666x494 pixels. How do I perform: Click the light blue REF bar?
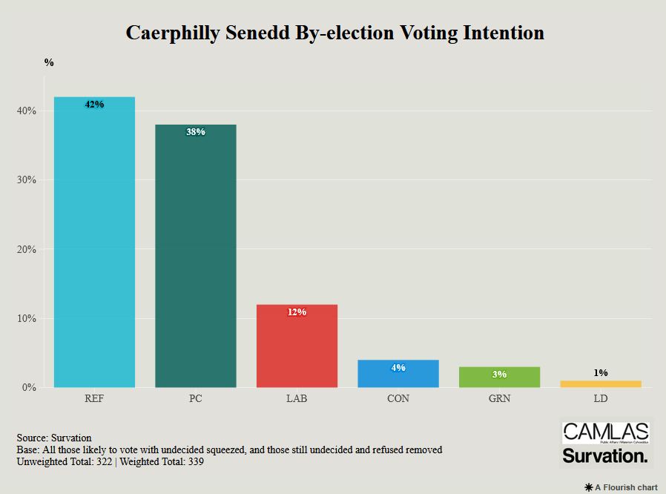tap(94, 245)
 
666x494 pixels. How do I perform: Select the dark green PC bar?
tap(196, 260)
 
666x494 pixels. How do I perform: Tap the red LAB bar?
tap(297, 349)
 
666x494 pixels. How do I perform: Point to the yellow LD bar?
tap(601, 383)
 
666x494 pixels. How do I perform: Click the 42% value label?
tap(94, 105)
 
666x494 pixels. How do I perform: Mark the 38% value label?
tap(196, 132)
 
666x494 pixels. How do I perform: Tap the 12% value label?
tap(297, 312)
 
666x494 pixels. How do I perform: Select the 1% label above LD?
tap(601, 372)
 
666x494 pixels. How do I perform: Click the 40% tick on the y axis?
tap(27, 111)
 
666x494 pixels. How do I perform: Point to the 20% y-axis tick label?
tap(27, 249)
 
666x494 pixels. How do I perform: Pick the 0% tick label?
tap(30, 387)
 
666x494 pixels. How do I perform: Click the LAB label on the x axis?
tap(297, 399)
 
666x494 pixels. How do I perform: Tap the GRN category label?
tap(499, 399)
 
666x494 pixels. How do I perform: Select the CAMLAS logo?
tap(605, 433)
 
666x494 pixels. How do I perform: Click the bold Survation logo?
tap(605, 456)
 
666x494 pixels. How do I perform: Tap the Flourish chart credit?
tap(622, 487)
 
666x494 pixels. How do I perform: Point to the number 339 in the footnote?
tap(195, 461)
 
